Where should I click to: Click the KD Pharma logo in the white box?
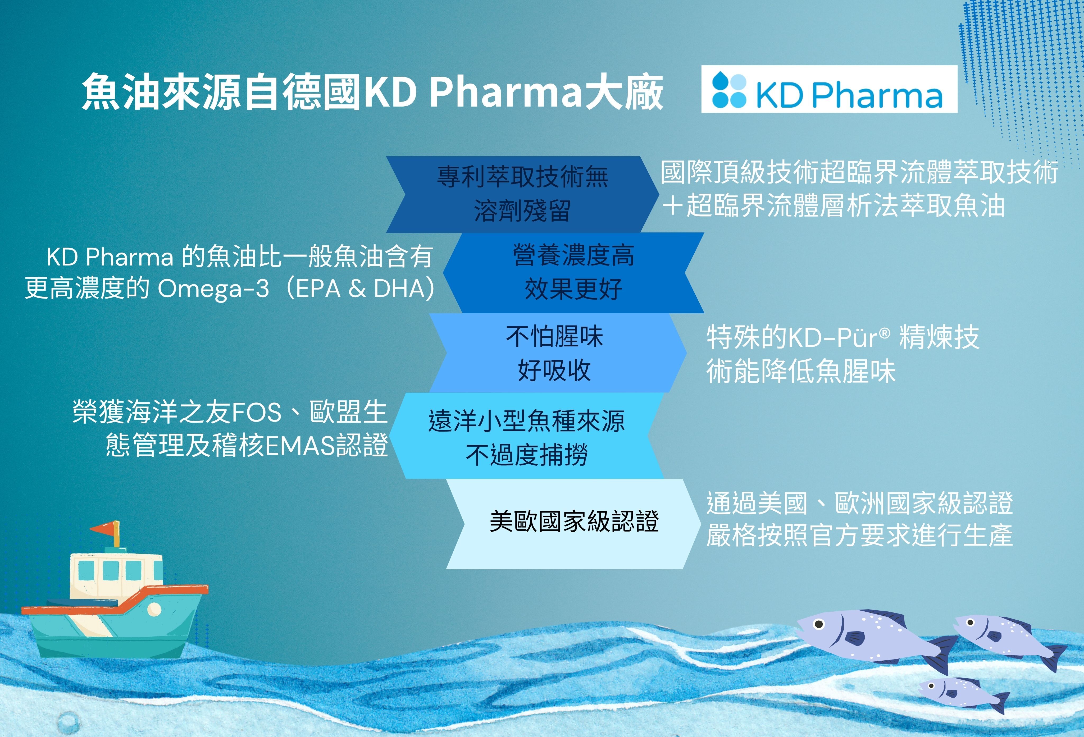[829, 89]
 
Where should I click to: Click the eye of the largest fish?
[819, 624]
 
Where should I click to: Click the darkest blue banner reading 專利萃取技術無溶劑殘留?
[522, 194]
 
